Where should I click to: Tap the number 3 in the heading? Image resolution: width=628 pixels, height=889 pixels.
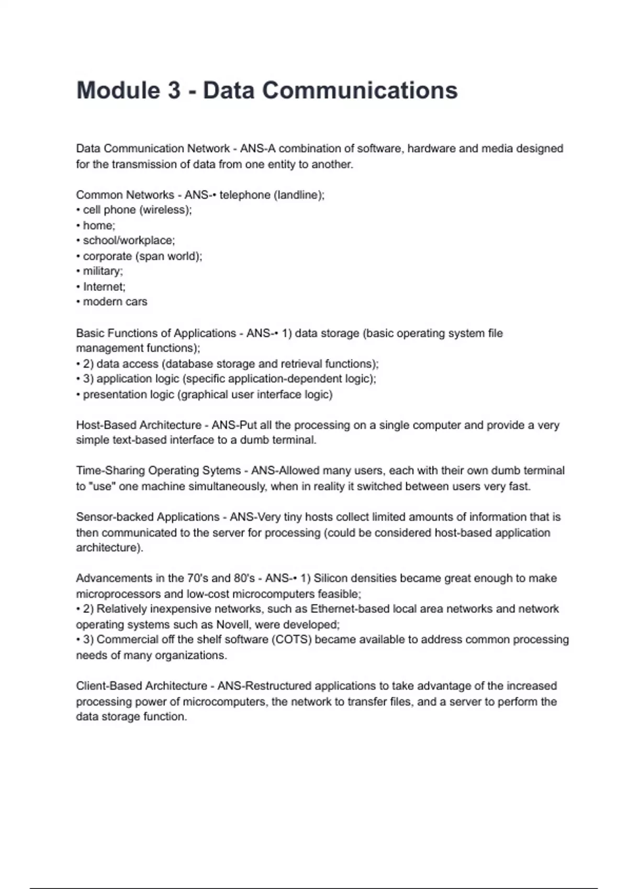coord(174,90)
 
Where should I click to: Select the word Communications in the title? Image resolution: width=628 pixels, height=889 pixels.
coord(360,90)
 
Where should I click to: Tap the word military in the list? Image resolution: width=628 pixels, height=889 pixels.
coord(102,271)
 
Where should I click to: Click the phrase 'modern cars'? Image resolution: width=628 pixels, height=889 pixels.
coord(115,302)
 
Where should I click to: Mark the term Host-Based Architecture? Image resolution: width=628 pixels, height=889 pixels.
coord(139,425)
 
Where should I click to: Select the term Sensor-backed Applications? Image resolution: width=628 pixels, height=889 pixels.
coord(148,517)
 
